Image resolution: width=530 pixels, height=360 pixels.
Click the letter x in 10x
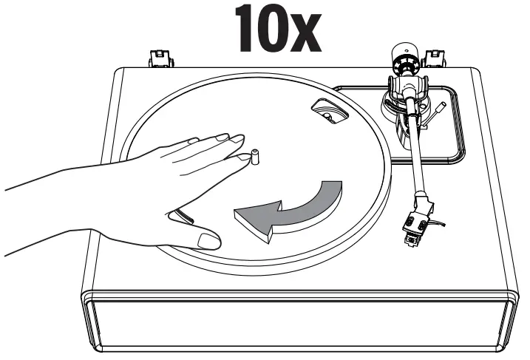(x=301, y=33)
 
